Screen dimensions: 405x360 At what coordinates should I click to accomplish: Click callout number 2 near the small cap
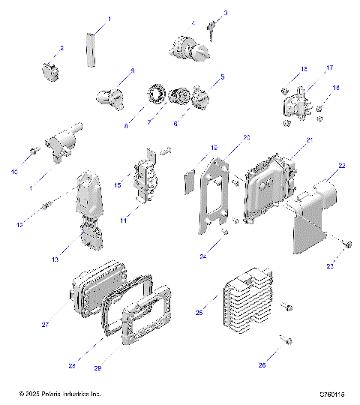61,48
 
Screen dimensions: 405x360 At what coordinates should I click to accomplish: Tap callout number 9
132,70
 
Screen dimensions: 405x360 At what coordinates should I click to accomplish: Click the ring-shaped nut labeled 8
157,97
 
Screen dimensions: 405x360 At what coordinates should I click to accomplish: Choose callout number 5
221,77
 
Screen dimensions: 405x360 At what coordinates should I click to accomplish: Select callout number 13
55,259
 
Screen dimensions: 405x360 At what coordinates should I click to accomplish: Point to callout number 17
328,68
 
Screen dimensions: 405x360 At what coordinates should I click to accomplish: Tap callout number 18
336,88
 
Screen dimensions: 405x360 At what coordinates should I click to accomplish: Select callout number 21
309,140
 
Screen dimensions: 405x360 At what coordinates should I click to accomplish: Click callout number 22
342,166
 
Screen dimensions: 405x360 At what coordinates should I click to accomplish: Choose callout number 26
261,366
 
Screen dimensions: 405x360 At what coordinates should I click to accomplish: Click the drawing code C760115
331,394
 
